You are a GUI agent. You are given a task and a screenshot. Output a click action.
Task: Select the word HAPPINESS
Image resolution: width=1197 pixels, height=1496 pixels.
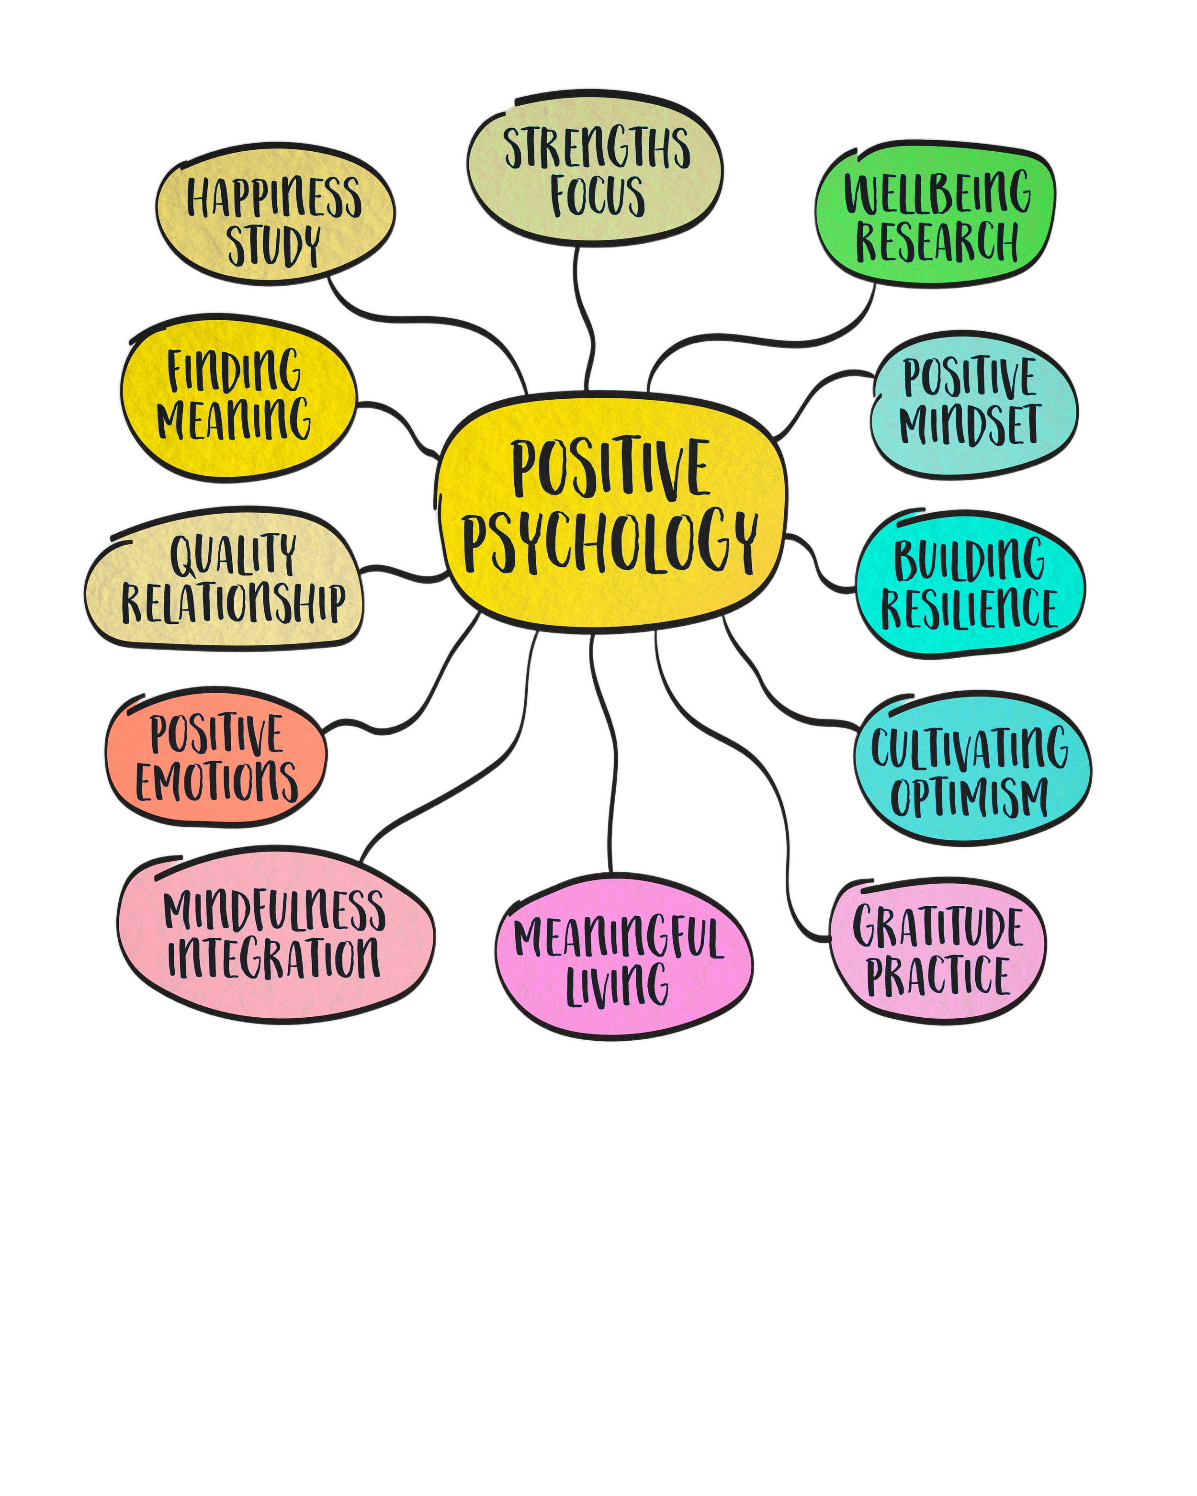pyautogui.click(x=274, y=198)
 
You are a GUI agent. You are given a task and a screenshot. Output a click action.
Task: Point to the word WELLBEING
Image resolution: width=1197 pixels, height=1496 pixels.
pyautogui.click(x=937, y=191)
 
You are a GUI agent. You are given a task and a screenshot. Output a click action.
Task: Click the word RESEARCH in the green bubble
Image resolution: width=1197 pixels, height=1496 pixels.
pyautogui.click(x=937, y=240)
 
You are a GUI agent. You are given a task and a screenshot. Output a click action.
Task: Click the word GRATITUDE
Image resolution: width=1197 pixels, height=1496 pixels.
pyautogui.click(x=937, y=926)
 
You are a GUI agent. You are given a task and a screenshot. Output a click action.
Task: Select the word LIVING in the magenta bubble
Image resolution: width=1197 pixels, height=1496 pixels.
pyautogui.click(x=618, y=983)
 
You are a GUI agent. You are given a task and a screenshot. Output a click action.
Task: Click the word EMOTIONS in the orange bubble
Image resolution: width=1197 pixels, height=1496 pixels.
pyautogui.click(x=216, y=781)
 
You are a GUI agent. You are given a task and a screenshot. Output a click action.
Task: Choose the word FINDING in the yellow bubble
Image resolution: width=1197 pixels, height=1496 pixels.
pyautogui.click(x=234, y=371)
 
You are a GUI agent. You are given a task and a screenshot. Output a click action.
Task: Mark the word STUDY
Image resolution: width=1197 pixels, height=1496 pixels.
pyautogui.click(x=273, y=245)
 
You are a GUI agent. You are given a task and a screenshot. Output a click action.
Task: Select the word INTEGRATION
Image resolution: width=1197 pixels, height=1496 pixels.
pyautogui.click(x=274, y=957)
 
